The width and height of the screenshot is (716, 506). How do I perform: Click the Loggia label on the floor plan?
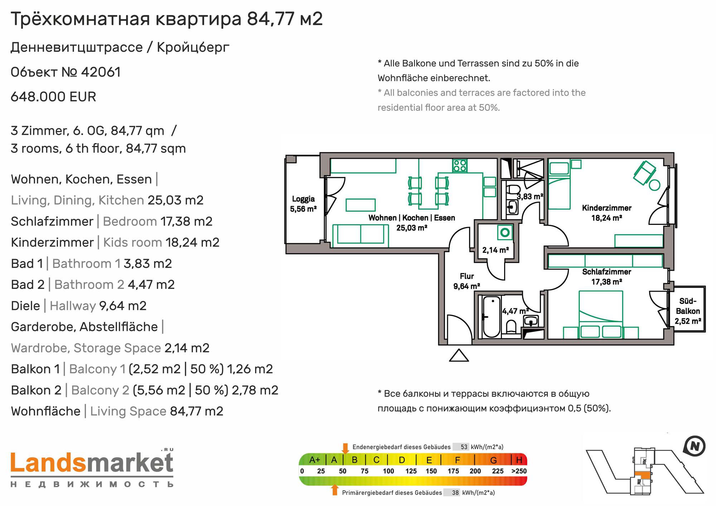(303, 199)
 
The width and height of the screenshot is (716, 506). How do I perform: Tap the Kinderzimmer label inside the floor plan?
(606, 208)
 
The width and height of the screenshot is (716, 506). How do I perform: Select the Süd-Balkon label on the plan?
(688, 306)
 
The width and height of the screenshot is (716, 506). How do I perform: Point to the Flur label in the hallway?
(467, 276)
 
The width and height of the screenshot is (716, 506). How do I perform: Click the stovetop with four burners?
(460, 166)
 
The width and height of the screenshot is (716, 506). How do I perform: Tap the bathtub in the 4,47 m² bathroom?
(491, 317)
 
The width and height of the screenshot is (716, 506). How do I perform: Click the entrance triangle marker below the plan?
(459, 355)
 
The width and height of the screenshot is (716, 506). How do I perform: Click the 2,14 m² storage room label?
(495, 250)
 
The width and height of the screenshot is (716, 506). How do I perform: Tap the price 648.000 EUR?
(53, 97)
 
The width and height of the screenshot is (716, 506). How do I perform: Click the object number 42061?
(101, 72)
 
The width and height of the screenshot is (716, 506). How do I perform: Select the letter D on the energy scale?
(402, 460)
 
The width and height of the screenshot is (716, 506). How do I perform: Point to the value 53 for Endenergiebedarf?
(464, 447)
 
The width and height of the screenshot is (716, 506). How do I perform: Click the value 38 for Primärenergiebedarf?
(455, 492)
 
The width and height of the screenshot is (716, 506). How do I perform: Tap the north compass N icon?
(694, 446)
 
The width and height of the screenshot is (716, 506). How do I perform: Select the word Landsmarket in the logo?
(92, 463)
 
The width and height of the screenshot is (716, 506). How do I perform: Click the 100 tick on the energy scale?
(388, 471)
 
